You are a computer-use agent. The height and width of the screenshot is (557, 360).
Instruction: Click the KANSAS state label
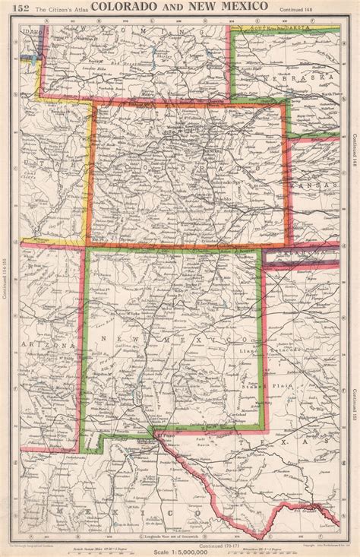pyautogui.click(x=318, y=186)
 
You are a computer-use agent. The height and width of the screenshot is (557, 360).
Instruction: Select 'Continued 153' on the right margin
pyautogui.click(x=354, y=410)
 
